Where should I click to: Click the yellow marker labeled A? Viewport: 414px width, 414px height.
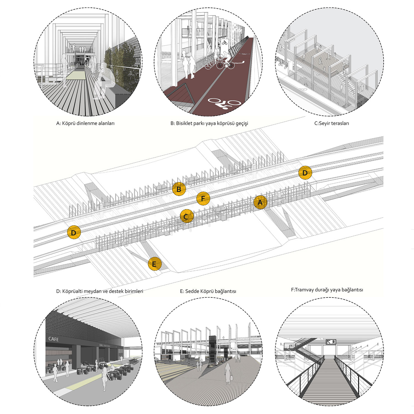(260, 202)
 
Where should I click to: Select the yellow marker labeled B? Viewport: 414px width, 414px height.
(179, 189)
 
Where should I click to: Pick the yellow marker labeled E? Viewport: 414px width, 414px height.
(154, 264)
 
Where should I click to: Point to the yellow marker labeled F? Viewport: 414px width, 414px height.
(203, 198)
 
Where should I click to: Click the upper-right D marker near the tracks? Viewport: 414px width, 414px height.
(305, 173)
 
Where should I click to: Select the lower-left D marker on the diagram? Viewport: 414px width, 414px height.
(74, 232)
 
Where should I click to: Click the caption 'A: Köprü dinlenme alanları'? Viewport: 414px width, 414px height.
(85, 123)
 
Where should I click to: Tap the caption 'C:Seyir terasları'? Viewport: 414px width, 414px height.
(331, 123)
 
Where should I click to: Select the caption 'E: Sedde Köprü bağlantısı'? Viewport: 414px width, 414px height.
(208, 291)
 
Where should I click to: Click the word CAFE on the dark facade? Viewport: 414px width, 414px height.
(54, 339)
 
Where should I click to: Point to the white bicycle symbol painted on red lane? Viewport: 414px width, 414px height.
(224, 104)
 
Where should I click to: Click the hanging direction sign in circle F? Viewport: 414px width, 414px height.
(331, 342)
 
